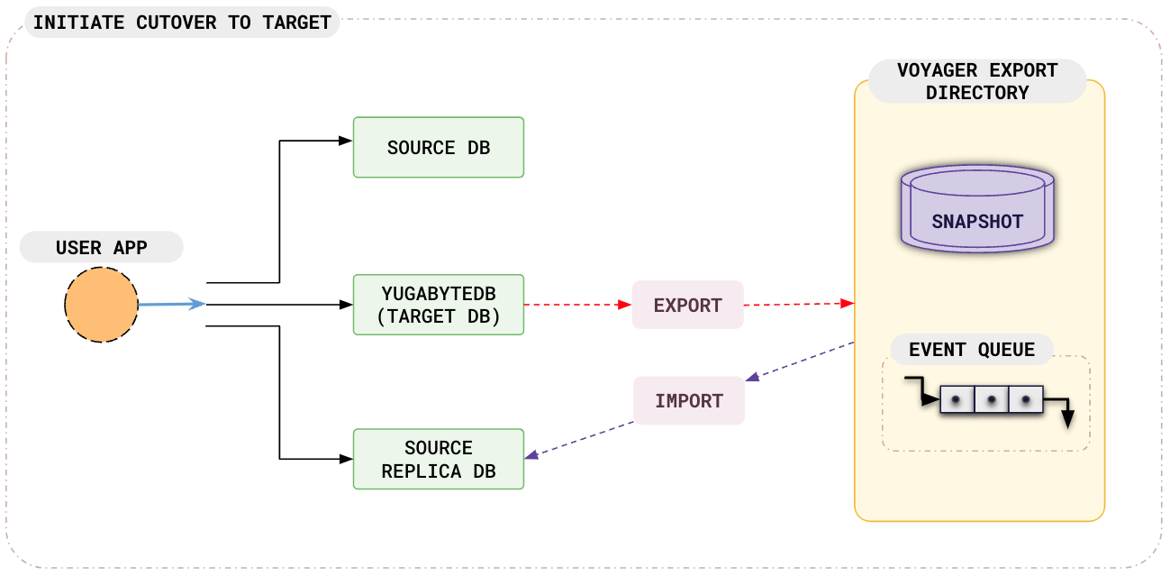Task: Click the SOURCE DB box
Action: pos(439,147)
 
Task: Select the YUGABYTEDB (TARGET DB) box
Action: pos(439,305)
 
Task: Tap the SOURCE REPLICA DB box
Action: pos(439,460)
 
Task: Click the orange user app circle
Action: pos(101,306)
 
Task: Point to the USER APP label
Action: pos(101,248)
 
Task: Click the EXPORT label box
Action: pos(688,305)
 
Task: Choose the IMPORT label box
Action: pos(689,400)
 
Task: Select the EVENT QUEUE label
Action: pos(972,350)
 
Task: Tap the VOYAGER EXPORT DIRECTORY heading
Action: pos(977,81)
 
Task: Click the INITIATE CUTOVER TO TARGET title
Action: pos(182,23)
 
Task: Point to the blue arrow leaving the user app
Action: pos(171,305)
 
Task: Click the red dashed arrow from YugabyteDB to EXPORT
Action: pos(577,305)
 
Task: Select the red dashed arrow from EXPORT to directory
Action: pos(798,305)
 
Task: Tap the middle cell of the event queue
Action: pos(991,399)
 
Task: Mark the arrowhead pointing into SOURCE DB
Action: pos(345,141)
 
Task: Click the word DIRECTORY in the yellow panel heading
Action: pos(977,93)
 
